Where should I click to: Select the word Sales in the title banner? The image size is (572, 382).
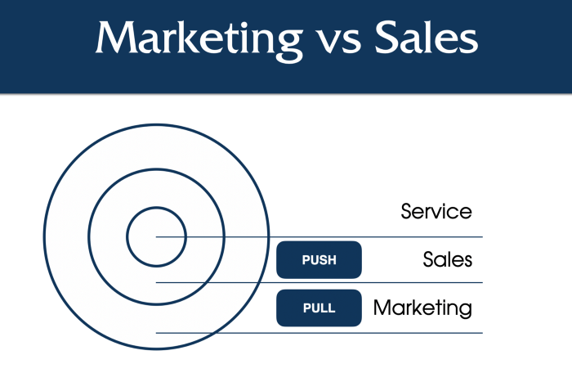pyautogui.click(x=427, y=37)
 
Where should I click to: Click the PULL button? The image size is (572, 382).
pyautogui.click(x=319, y=308)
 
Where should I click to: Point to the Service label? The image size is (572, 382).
pyautogui.click(x=436, y=212)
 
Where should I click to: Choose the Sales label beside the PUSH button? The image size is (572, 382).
pyautogui.click(x=448, y=259)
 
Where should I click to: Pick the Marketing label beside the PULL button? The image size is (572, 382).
pyautogui.click(x=422, y=308)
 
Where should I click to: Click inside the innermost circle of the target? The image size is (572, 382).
pyautogui.click(x=157, y=227)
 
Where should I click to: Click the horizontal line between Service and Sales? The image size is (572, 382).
pyautogui.click(x=320, y=237)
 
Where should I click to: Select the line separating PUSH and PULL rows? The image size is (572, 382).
pyautogui.click(x=320, y=283)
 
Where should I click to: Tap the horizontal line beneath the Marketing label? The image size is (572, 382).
pyautogui.click(x=320, y=333)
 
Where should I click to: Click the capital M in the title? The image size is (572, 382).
pyautogui.click(x=116, y=38)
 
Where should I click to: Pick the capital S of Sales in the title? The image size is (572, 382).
pyautogui.click(x=387, y=38)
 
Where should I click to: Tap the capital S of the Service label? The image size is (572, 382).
pyautogui.click(x=407, y=212)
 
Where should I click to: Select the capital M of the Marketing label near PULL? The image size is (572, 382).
pyautogui.click(x=382, y=308)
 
